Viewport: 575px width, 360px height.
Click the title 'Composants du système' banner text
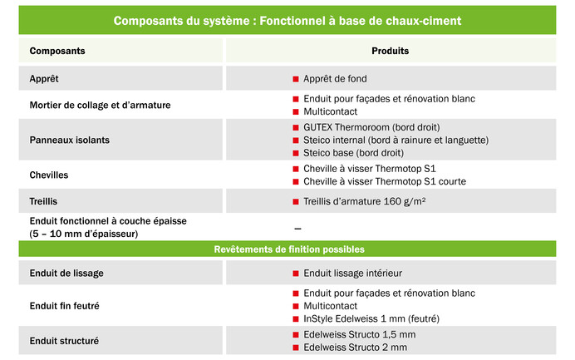[x=287, y=20]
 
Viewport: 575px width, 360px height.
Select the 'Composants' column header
[x=57, y=52]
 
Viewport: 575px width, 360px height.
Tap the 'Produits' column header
[x=390, y=52]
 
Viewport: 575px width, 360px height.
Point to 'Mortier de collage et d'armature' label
[x=100, y=105]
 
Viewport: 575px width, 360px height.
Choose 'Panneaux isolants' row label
[x=70, y=140]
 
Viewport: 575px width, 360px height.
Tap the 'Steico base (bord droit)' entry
[x=354, y=153]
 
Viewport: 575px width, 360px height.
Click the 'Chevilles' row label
[x=49, y=175]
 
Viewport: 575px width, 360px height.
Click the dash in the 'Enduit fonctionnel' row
[x=297, y=228]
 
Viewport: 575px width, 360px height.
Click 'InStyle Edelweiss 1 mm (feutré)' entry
[x=371, y=318]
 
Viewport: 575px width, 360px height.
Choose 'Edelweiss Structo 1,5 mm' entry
[x=359, y=334]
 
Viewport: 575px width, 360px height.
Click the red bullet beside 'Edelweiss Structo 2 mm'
[x=295, y=347]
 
